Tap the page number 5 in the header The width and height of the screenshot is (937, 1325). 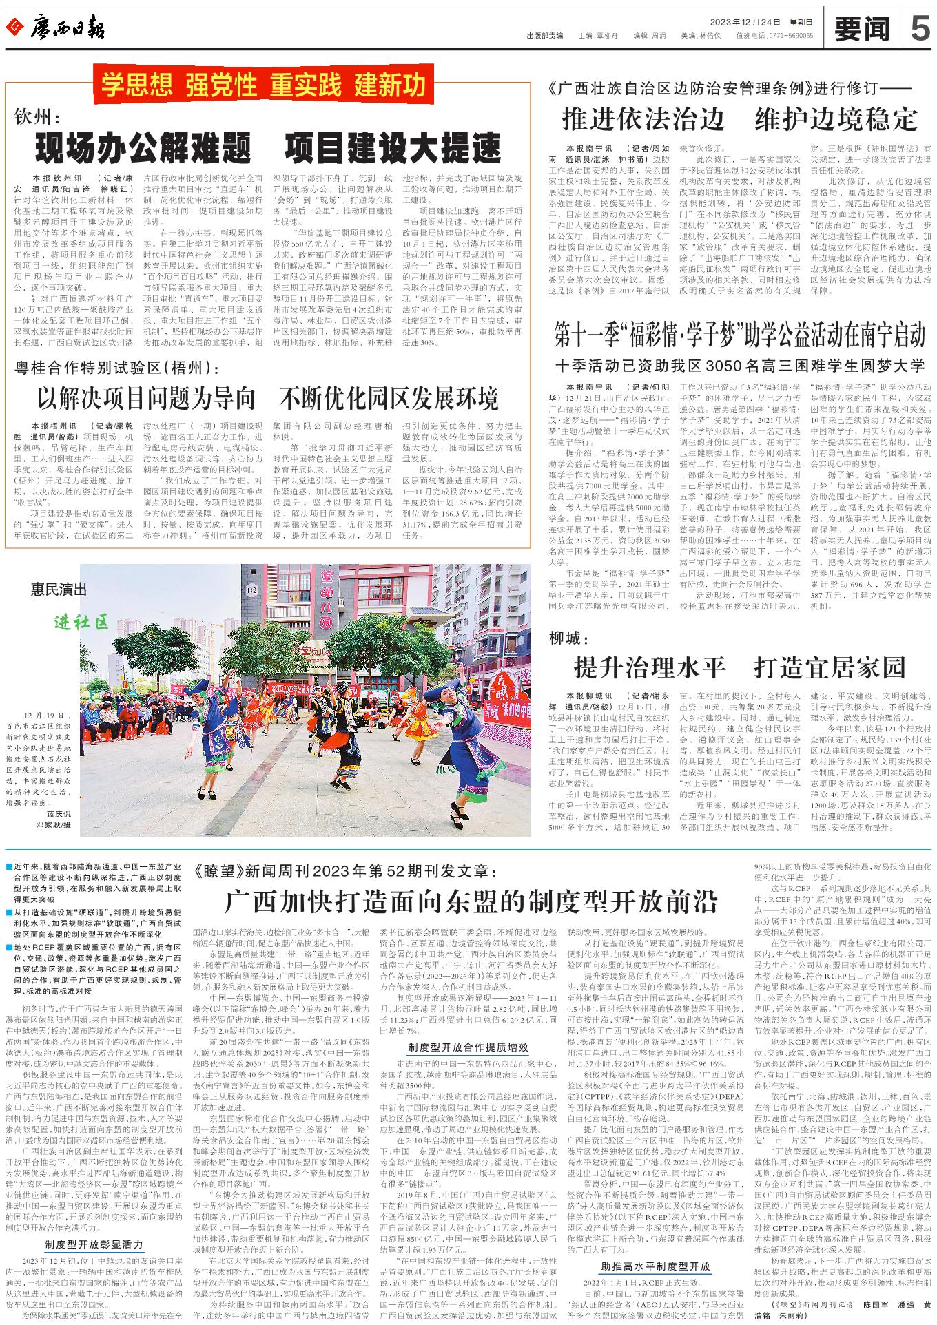[x=919, y=29]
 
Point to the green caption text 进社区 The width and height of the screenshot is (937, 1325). [x=81, y=623]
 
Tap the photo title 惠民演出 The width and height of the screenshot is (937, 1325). [x=59, y=589]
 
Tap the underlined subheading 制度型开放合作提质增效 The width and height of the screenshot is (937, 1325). [x=468, y=1047]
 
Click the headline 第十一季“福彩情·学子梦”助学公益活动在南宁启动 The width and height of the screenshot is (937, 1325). [x=741, y=336]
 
